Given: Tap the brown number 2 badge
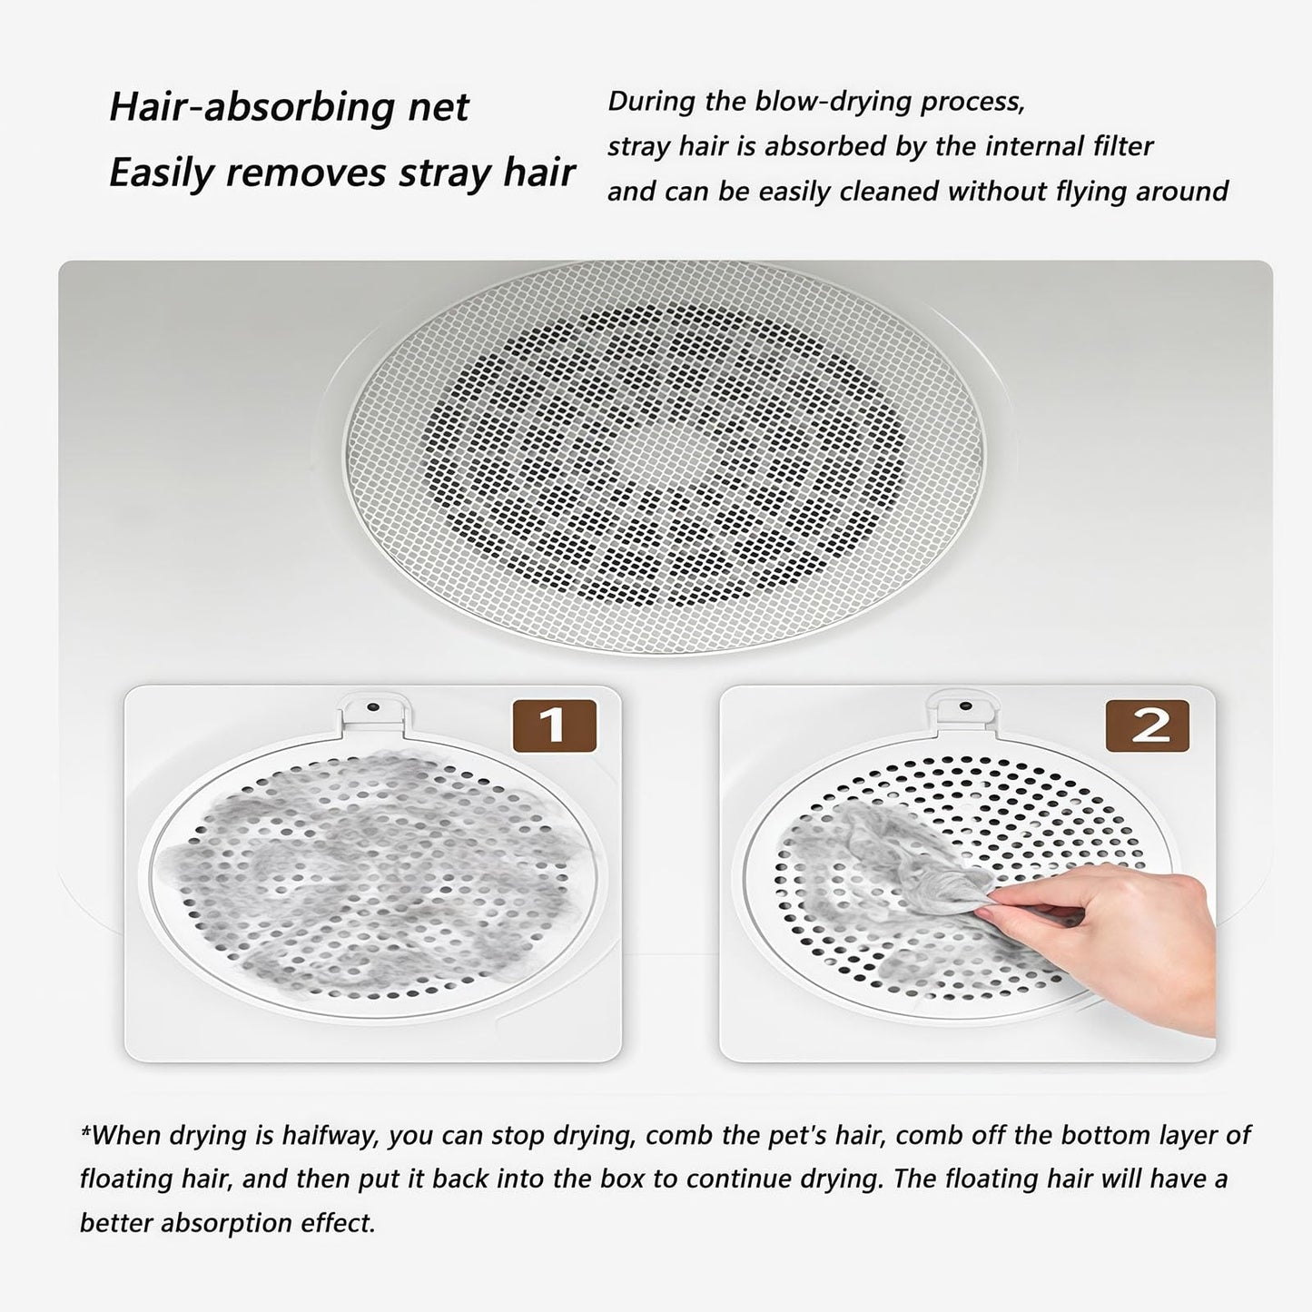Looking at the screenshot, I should (1148, 725).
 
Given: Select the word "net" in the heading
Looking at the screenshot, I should (440, 107).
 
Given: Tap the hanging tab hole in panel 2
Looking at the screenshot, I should (965, 705).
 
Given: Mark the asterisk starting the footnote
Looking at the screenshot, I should (85, 1131).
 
